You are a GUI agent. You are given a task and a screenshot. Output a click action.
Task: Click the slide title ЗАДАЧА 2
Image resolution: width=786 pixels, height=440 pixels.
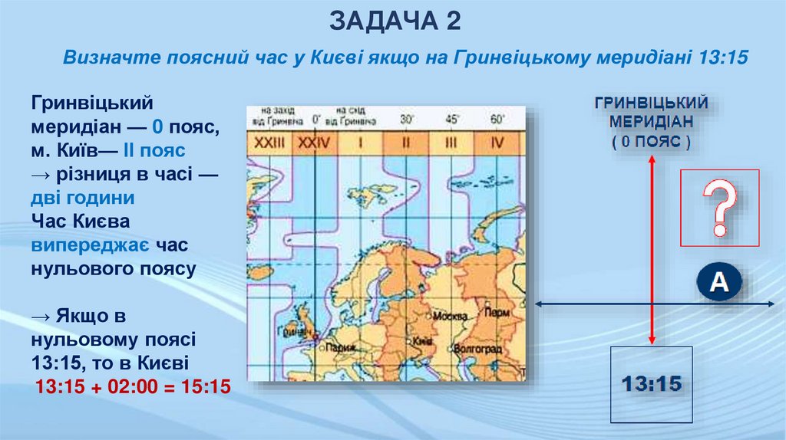coord(395,21)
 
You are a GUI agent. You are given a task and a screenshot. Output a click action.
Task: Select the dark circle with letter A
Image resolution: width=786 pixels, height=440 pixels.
coord(719,284)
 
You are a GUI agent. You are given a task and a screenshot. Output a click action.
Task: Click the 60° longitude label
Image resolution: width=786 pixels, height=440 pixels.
coord(497,120)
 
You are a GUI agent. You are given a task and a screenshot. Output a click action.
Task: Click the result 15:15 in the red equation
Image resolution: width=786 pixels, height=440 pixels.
coord(205,386)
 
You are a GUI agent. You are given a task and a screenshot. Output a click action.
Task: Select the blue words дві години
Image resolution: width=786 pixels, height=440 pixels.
coord(83,198)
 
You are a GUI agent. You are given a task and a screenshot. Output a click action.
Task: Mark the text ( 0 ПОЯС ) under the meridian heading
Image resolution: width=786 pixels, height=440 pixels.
coord(651,143)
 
